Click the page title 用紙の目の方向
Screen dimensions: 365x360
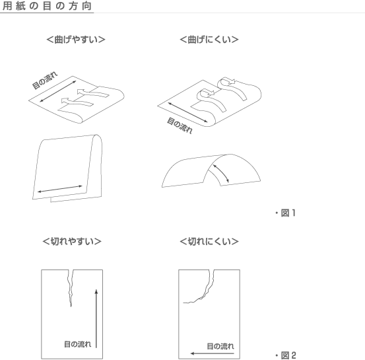click(x=47, y=6)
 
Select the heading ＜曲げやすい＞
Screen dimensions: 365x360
click(x=76, y=40)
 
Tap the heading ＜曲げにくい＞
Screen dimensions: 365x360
click(x=209, y=40)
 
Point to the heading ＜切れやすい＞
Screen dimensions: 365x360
click(x=72, y=241)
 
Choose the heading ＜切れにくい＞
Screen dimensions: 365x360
click(x=209, y=241)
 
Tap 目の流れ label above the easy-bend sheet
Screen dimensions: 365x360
click(x=45, y=81)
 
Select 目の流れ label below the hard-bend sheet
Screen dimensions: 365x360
click(x=180, y=126)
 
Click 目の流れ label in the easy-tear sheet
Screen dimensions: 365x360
click(x=77, y=344)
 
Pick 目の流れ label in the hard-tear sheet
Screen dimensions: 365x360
click(x=220, y=346)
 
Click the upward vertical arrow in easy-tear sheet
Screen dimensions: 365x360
click(x=96, y=318)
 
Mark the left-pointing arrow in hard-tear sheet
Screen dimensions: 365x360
click(x=213, y=353)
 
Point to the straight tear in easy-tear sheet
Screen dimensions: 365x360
click(x=71, y=288)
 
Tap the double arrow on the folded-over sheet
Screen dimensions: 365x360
click(x=60, y=189)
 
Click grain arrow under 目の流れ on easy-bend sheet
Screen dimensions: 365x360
click(x=58, y=91)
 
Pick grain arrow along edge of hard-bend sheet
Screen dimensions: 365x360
click(x=187, y=112)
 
